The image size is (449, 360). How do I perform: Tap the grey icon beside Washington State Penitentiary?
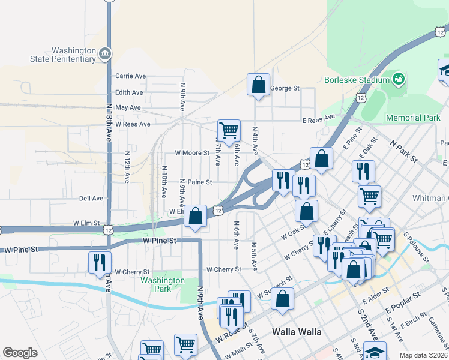tap(106, 55)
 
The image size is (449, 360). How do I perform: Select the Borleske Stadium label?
tap(357, 79)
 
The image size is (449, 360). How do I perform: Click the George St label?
tap(285, 88)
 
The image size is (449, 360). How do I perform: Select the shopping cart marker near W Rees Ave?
tap(229, 129)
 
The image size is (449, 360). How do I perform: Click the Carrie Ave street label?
tap(131, 76)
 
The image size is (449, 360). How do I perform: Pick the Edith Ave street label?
tap(130, 92)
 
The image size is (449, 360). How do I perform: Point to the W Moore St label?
tap(191, 153)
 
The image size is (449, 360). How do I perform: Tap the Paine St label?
tap(200, 182)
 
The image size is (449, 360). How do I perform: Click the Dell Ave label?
tap(91, 198)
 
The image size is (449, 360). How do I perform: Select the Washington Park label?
tap(163, 284)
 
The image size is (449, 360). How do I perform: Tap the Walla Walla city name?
tap(297, 332)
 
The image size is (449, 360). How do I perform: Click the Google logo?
tap(20, 353)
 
